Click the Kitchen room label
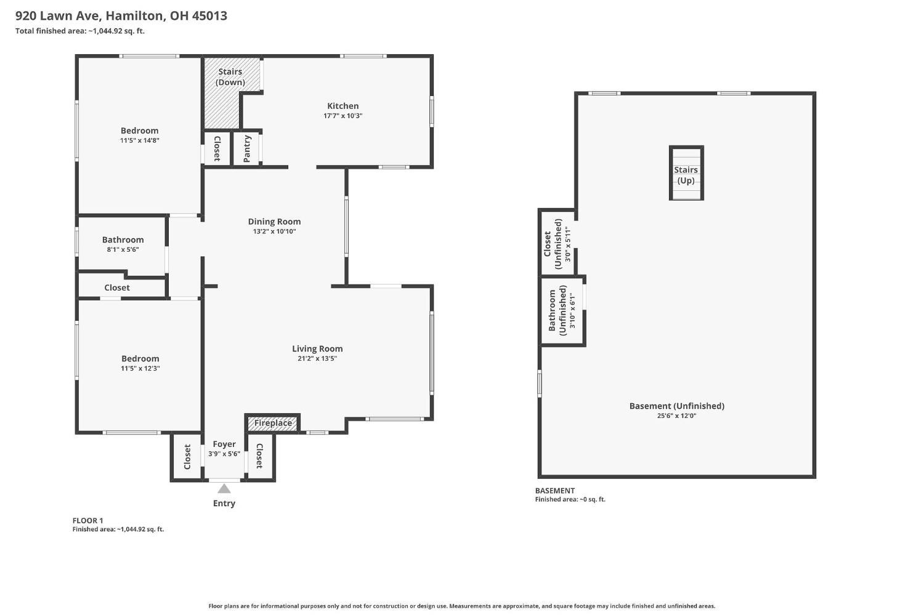(342, 106)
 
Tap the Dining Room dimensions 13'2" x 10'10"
(274, 231)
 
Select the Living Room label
(317, 348)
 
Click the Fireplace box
(272, 423)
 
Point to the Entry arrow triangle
(224, 489)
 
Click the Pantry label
(246, 149)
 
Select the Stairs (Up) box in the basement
(686, 173)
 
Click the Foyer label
(224, 444)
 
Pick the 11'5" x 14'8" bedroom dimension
(139, 140)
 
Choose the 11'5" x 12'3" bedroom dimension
(140, 369)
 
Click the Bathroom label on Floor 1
(123, 239)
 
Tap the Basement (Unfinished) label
(676, 406)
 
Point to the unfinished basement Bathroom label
(557, 310)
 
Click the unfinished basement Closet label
(553, 244)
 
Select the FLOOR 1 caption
(87, 521)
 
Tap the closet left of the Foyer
(187, 457)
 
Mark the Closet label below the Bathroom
(117, 287)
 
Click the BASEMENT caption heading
(555, 491)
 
